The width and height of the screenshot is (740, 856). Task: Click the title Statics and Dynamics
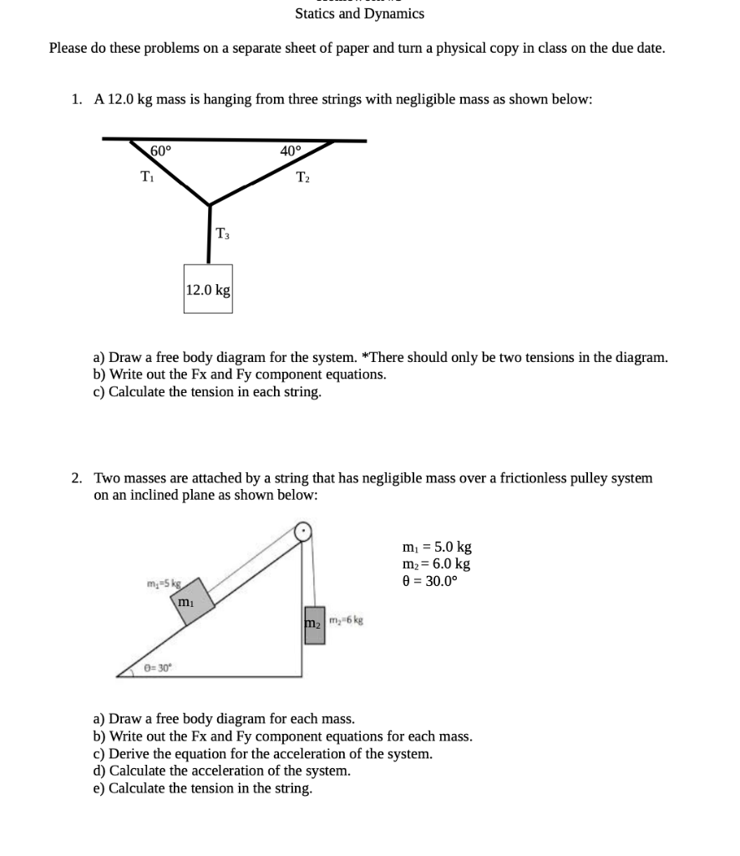pyautogui.click(x=359, y=13)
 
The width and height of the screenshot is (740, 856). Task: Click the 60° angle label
pyautogui.click(x=160, y=151)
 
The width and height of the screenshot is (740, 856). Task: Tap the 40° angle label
pyautogui.click(x=291, y=151)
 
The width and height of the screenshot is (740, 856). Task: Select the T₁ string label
pyautogui.click(x=146, y=176)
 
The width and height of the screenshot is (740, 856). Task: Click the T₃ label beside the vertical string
pyautogui.click(x=223, y=233)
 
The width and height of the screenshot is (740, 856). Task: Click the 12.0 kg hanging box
pyautogui.click(x=208, y=289)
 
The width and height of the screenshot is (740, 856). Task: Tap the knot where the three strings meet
pyautogui.click(x=209, y=203)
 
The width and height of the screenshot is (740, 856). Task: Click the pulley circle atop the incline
pyautogui.click(x=303, y=530)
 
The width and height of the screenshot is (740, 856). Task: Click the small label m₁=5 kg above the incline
pyautogui.click(x=164, y=582)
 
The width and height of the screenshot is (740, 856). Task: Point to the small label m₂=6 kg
pyautogui.click(x=344, y=620)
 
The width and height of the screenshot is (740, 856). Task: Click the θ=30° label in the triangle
pyautogui.click(x=156, y=667)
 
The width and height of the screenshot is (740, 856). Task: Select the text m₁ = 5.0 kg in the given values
pyautogui.click(x=437, y=547)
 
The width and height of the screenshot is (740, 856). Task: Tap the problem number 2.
pyautogui.click(x=77, y=478)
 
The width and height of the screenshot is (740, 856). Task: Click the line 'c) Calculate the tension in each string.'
pyautogui.click(x=207, y=392)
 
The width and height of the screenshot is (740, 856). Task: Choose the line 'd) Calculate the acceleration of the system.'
pyautogui.click(x=221, y=771)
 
